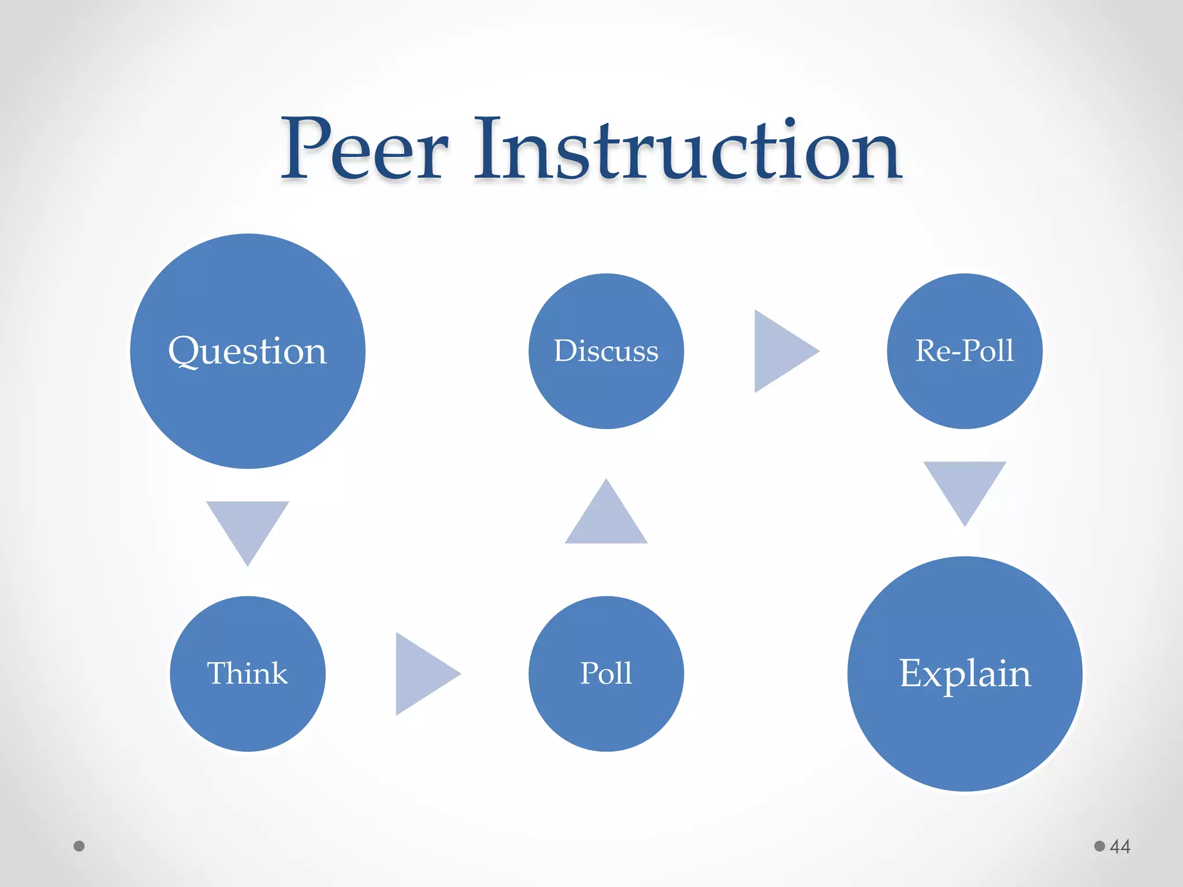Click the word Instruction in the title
point(687,150)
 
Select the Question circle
point(247,351)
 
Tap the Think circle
point(247,673)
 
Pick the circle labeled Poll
point(606,673)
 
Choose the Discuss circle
point(606,351)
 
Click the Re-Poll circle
point(965,351)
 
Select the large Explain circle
point(965,673)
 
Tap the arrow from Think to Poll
point(422,673)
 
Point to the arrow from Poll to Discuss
point(606,517)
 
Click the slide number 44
point(1120,847)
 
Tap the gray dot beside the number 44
point(1100,846)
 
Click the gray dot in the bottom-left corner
point(79,846)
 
